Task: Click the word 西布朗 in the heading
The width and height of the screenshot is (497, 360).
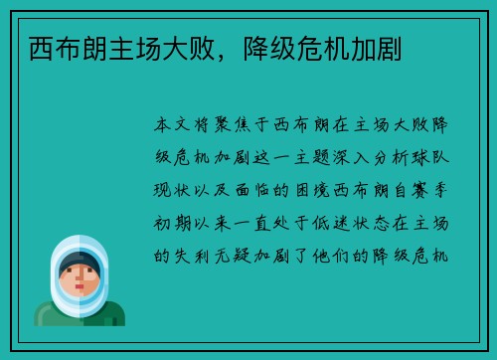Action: click(60, 47)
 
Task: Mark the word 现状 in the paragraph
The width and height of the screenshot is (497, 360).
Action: click(175, 191)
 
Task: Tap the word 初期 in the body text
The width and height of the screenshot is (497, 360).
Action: click(175, 223)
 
